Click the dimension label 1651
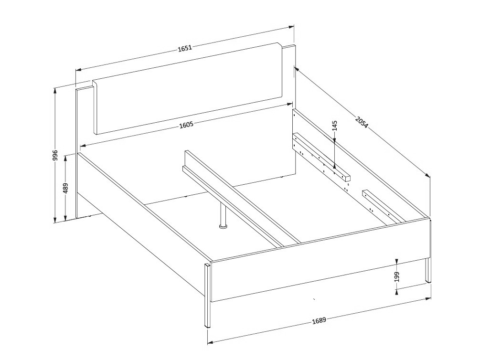185,48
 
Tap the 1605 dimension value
186,125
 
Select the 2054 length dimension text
362,122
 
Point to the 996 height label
55,156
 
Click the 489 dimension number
66,188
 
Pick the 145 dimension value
334,126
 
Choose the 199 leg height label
397,276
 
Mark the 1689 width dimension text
319,320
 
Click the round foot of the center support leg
223,226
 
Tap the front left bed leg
208,296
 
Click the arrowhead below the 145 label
335,166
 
